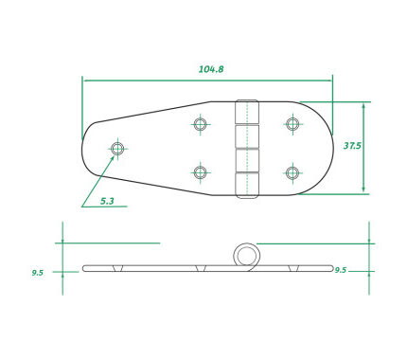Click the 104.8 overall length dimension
tap(211, 69)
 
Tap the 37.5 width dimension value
tap(352, 146)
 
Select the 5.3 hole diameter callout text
tap(107, 201)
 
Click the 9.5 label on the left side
tap(37, 273)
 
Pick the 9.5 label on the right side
tap(341, 270)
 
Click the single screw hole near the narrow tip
tap(117, 148)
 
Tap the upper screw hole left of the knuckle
tap(200, 124)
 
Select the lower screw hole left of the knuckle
tap(200, 172)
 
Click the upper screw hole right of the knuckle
tap(292, 123)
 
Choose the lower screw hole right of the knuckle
tap(292, 172)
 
